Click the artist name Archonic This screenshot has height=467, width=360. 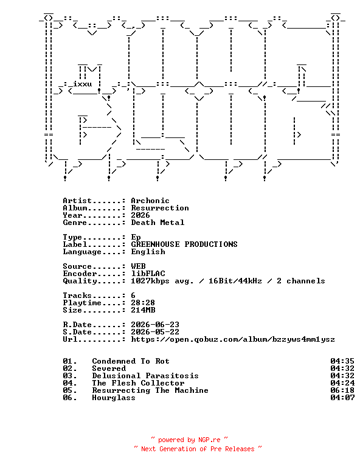(150, 201)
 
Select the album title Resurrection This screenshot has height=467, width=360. (160, 208)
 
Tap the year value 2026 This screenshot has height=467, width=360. (140, 215)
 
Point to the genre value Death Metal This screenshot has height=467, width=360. (157, 223)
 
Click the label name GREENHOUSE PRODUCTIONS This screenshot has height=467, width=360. (184, 244)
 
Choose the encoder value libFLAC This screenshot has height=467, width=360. (148, 274)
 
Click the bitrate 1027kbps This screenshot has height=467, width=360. (150, 281)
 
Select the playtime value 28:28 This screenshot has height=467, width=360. (143, 303)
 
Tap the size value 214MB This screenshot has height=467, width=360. (143, 310)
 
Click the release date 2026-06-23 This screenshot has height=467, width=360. (155, 325)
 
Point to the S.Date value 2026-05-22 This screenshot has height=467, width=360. (155, 332)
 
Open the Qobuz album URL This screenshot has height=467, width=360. (233, 339)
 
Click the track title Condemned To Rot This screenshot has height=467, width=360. (131, 361)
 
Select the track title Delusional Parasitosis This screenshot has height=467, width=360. (145, 376)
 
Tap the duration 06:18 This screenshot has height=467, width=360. (342, 390)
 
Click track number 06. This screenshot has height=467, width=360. (70, 398)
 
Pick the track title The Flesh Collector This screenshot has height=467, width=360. (138, 383)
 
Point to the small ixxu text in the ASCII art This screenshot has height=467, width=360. (82, 84)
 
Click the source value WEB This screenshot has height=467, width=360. (138, 266)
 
